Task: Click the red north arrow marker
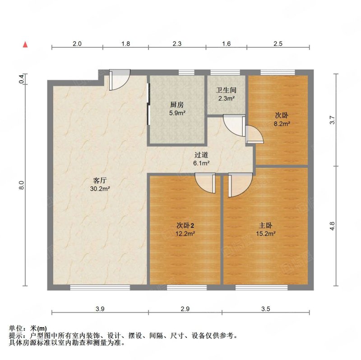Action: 25,45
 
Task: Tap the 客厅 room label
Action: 100,180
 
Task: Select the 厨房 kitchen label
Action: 177,105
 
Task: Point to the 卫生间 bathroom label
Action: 226,90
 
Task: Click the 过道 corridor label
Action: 201,155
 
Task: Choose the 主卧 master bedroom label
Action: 265,226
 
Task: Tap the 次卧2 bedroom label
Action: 185,226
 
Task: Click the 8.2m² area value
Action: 282,124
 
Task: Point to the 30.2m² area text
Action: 100,189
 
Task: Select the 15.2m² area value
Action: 266,234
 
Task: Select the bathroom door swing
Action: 233,125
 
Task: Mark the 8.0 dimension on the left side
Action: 21,185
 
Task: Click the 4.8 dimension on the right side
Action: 332,226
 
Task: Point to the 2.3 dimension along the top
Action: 177,43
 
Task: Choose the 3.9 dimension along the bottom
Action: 100,309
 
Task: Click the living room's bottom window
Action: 100,287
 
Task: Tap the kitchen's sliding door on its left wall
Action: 148,104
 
